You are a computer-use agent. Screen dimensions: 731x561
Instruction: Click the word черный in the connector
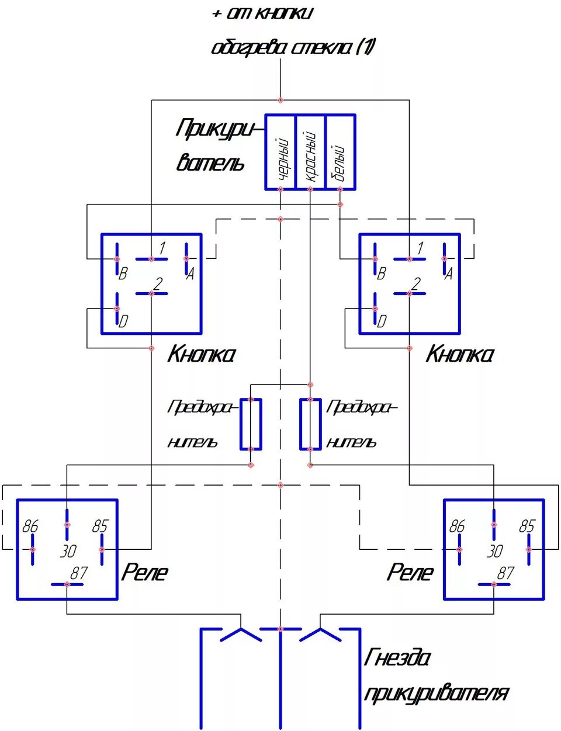point(283,159)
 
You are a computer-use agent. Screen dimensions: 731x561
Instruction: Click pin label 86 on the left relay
point(30,526)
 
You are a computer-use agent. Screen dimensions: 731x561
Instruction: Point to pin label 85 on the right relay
point(527,526)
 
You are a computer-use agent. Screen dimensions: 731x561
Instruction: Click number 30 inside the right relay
point(494,550)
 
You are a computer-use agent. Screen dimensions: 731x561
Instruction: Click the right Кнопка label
point(460,354)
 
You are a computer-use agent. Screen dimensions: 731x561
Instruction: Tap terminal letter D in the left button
point(123,321)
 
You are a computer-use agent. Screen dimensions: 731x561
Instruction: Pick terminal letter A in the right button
point(448,273)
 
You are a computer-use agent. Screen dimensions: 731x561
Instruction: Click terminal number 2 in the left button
point(158,284)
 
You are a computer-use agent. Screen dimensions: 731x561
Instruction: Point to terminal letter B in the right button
point(381,273)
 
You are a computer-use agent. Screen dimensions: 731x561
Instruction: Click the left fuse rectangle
point(251,424)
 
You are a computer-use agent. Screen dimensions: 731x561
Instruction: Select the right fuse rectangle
point(310,424)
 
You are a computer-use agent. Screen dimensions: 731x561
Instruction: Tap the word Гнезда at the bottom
point(397,659)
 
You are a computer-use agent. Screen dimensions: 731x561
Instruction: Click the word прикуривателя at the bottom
point(436,694)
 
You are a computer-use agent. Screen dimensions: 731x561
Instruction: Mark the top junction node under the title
point(280,100)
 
